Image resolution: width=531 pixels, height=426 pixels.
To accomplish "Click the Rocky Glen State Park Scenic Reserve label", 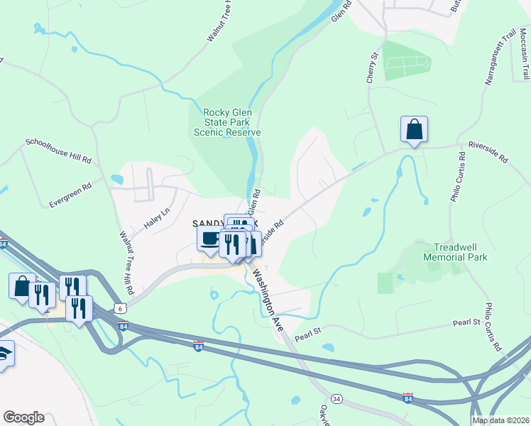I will tap(231, 122).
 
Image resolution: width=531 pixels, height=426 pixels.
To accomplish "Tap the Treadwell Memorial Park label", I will tap(455, 252).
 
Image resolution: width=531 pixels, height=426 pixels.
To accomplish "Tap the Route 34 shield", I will tap(336, 400).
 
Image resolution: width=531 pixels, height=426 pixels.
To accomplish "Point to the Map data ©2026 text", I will tap(500, 420).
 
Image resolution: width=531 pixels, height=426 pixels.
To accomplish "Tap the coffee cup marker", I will tap(209, 238).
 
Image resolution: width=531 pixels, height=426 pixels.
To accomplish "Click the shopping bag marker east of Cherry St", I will tap(414, 130).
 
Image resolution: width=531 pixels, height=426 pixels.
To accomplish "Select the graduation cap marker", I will tap(4, 354).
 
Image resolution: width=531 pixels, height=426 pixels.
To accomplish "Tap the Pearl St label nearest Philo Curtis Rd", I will tap(466, 322).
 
